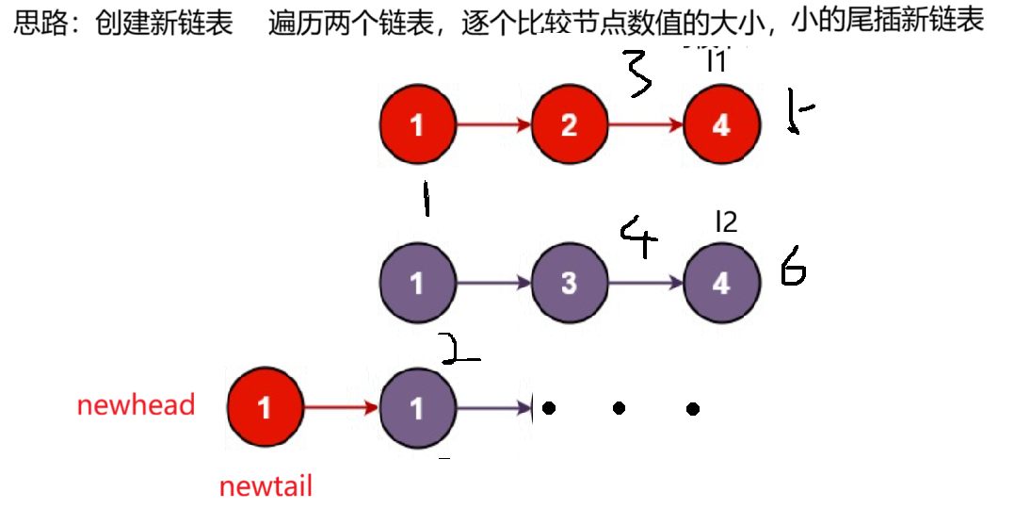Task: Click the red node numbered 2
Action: pos(569,125)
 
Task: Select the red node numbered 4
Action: pos(721,125)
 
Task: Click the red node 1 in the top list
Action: pos(416,125)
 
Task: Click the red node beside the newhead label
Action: pos(265,407)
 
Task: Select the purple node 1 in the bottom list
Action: pos(416,407)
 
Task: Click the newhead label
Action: pos(136,406)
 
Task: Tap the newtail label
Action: pos(265,487)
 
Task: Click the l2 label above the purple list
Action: pos(726,221)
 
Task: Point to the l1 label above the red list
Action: pos(717,62)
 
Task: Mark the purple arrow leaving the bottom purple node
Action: pos(494,407)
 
